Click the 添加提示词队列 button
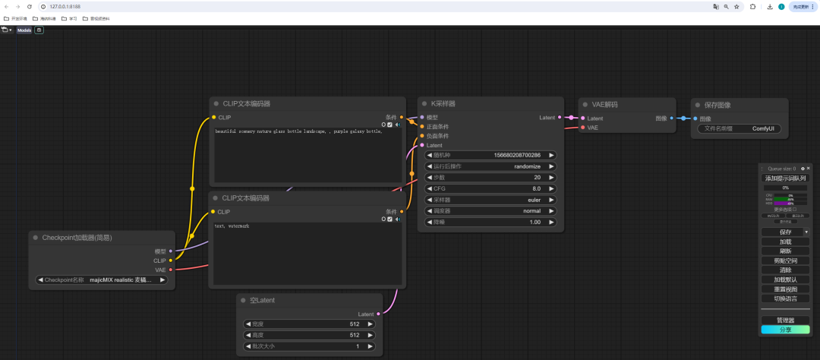coord(785,178)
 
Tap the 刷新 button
coord(785,251)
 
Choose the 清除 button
coord(785,270)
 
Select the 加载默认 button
coord(785,279)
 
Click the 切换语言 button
coord(785,298)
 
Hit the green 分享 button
coord(785,330)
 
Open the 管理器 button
coord(785,321)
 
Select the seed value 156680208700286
coord(517,155)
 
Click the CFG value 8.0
coord(536,188)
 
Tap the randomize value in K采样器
coord(527,166)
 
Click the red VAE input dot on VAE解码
coord(582,128)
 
